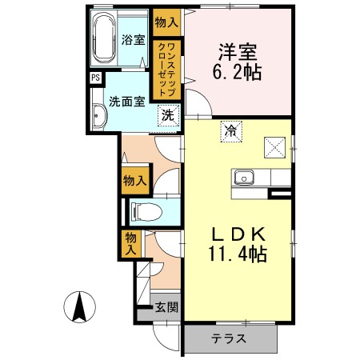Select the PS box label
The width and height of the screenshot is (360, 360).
[95, 78]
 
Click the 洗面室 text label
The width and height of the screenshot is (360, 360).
[126, 102]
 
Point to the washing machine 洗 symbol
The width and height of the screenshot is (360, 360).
[167, 114]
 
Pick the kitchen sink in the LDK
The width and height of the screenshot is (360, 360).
[243, 176]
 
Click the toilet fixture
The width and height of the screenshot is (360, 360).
[145, 212]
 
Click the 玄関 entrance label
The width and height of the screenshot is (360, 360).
[166, 306]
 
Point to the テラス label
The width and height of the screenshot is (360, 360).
[230, 338]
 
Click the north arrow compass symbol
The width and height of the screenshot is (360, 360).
[81, 306]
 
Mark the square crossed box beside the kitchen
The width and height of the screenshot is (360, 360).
[275, 146]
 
